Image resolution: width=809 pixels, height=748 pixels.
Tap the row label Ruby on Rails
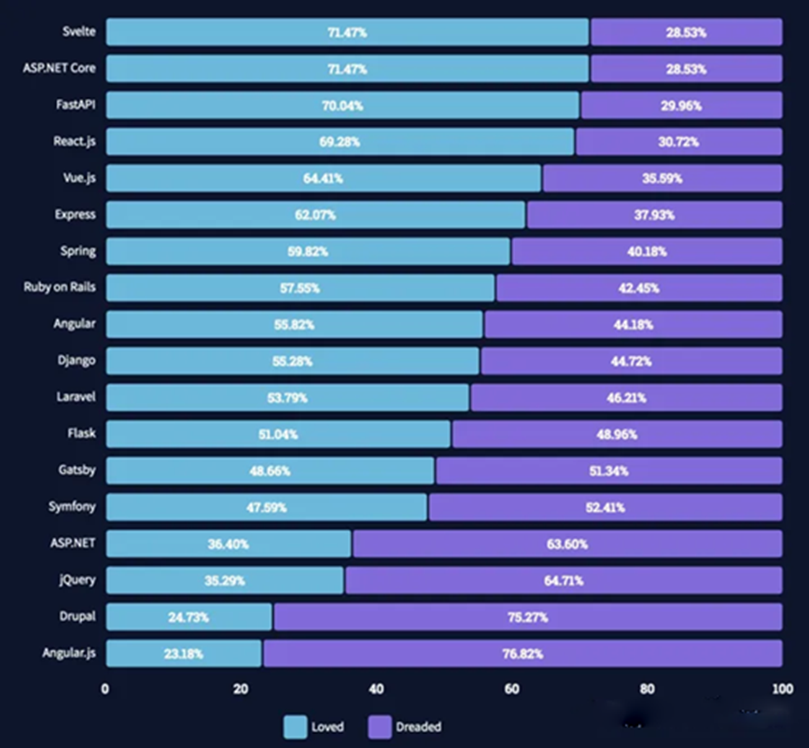point(60,288)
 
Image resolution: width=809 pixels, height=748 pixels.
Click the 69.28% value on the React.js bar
point(340,142)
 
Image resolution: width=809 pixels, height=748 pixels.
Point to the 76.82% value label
point(523,654)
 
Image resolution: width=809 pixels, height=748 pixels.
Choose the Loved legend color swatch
point(295,726)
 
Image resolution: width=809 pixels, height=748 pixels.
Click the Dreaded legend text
point(418,726)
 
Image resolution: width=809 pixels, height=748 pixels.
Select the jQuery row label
point(77,580)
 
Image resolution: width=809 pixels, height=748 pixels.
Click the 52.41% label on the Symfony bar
point(605,508)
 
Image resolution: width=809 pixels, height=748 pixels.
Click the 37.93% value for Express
point(653,215)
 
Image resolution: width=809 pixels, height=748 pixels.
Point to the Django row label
point(76,360)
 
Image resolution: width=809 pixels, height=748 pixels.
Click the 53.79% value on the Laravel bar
point(287,398)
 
